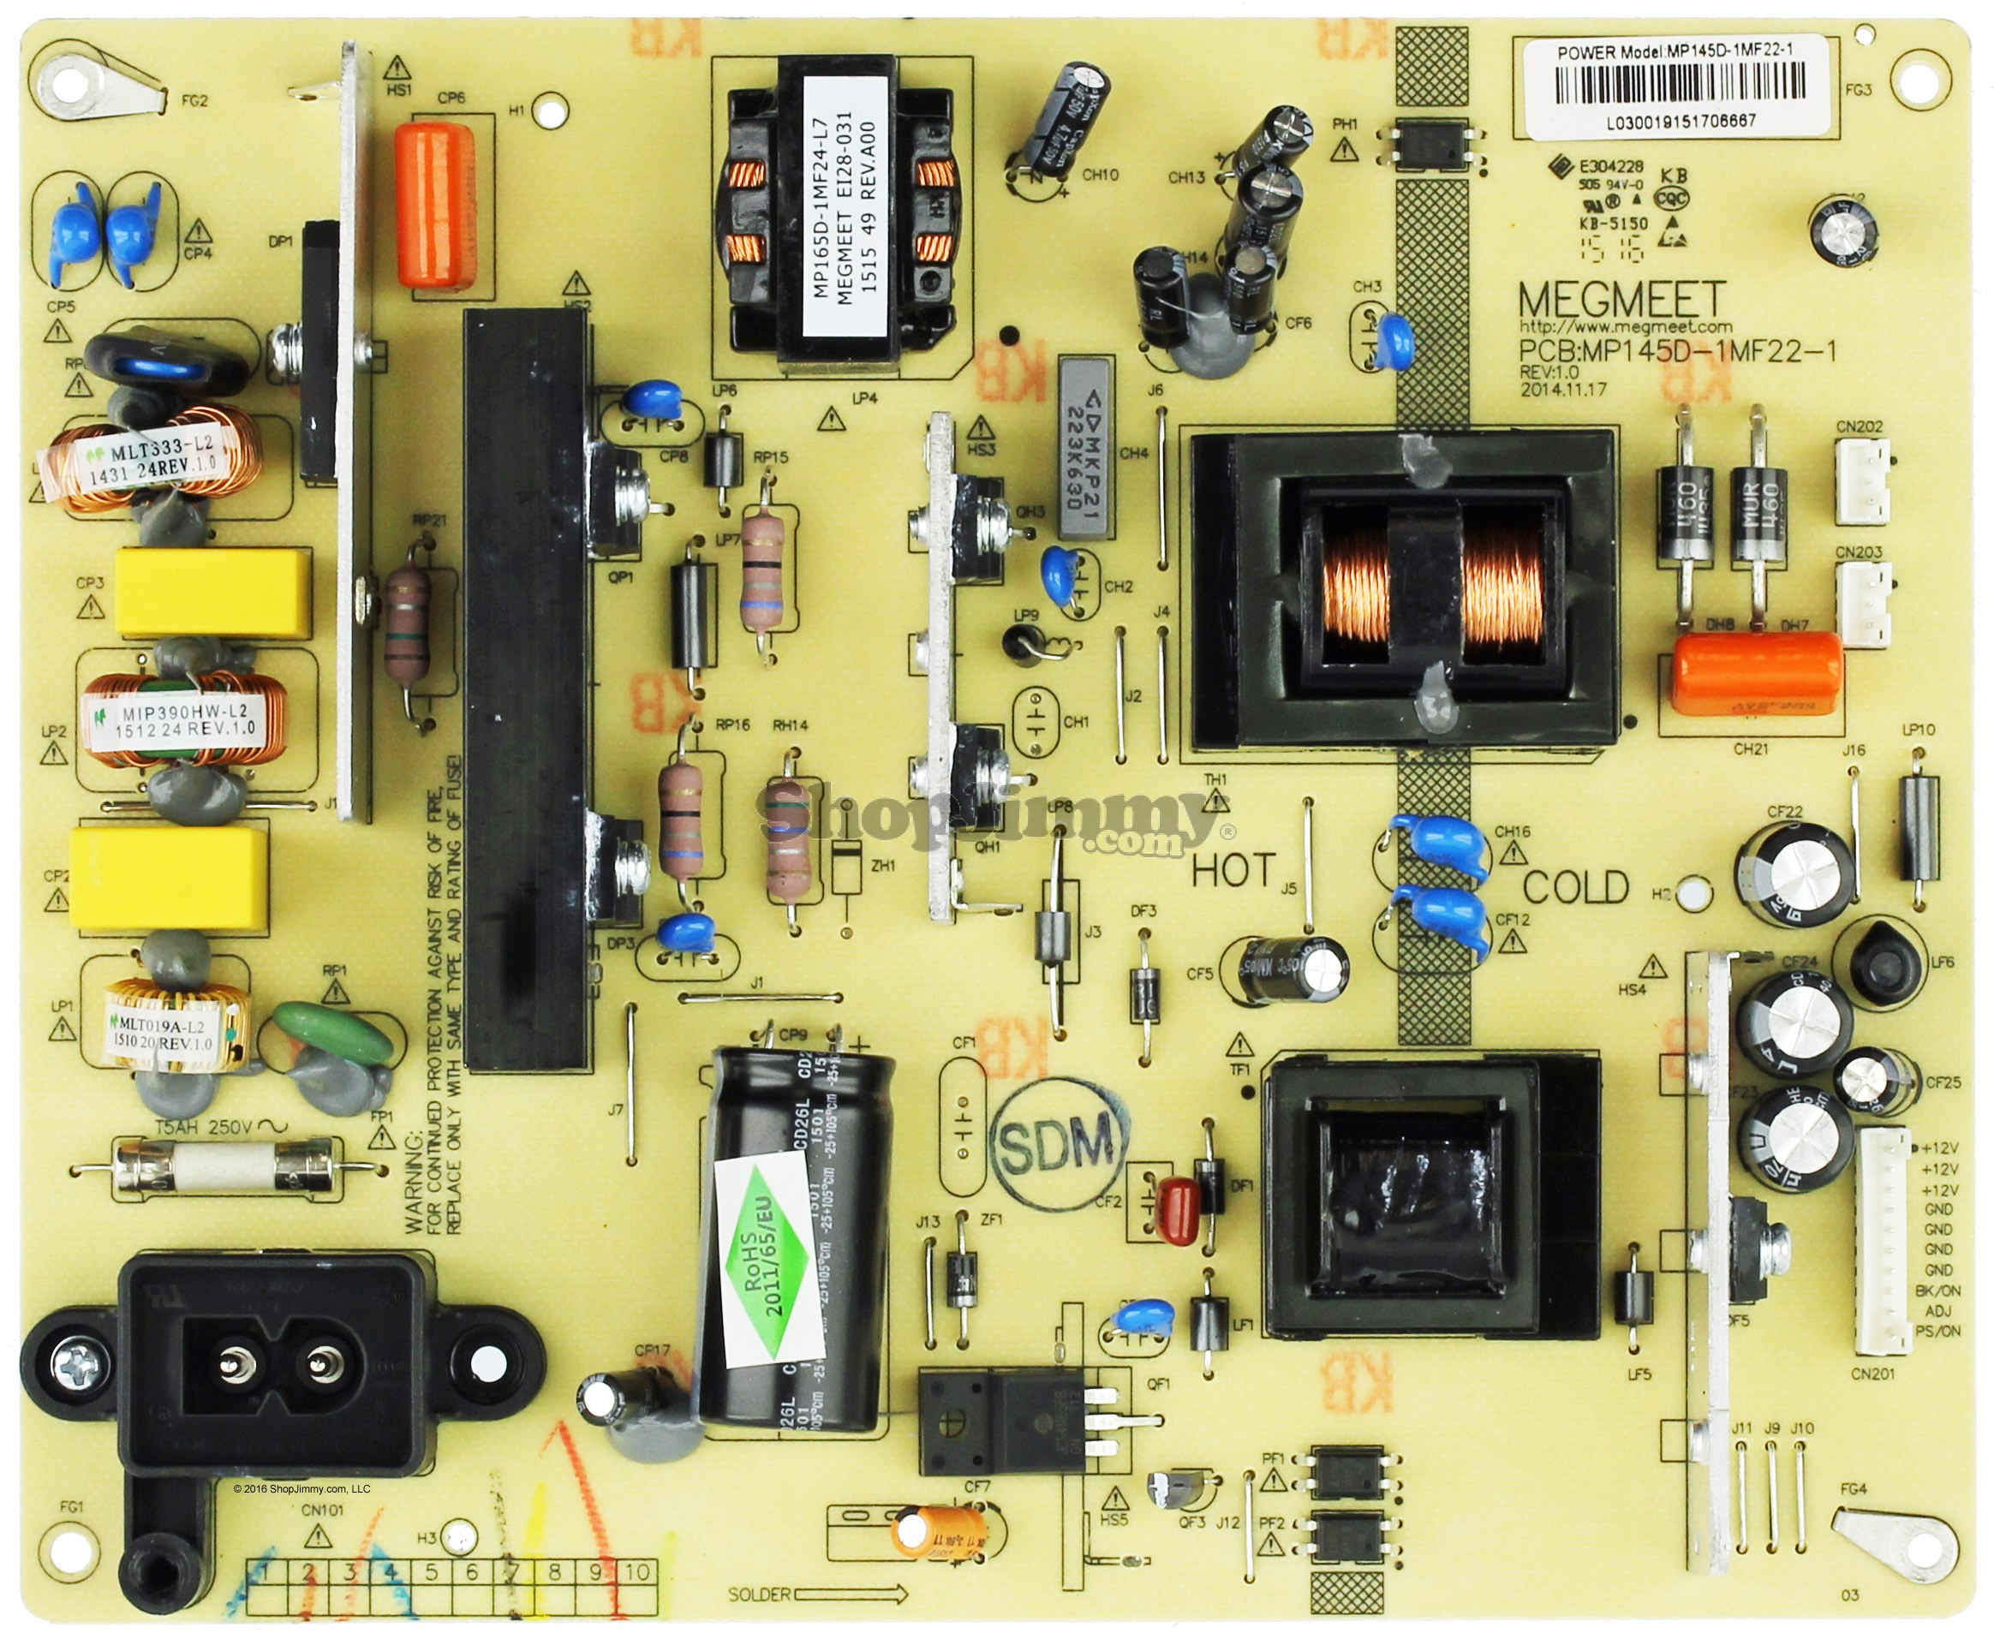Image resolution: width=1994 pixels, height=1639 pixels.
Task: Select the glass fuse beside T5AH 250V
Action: coord(224,1169)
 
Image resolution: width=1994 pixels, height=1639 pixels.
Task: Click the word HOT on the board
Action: coord(1233,871)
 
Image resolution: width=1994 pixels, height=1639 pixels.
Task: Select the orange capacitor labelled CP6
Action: coord(434,203)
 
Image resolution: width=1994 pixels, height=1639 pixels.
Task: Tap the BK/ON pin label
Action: coord(1938,1290)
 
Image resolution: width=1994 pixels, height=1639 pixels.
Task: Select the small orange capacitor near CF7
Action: coord(939,1530)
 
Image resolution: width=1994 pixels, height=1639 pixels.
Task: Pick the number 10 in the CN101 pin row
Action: coord(637,1572)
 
